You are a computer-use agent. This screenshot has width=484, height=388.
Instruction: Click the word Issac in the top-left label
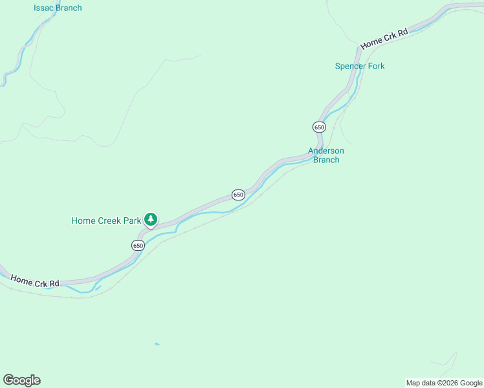[x=44, y=8]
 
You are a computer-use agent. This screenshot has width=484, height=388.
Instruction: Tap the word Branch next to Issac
[x=69, y=8]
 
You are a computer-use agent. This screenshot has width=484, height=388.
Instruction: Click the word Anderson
[x=326, y=151]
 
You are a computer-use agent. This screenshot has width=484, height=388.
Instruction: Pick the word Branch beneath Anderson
[x=326, y=160]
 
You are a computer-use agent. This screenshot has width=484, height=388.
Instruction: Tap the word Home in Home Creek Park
[x=83, y=221]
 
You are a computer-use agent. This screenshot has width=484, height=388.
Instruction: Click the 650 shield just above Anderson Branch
[x=319, y=127]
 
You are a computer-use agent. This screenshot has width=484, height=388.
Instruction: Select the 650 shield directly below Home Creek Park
[x=138, y=245]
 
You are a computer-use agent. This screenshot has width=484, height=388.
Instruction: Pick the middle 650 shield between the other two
[x=238, y=195]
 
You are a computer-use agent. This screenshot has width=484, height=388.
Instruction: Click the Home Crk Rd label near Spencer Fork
[x=385, y=39]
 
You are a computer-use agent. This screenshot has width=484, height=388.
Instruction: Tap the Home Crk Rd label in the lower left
[x=35, y=280]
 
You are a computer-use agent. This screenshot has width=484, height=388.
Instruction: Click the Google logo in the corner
[x=21, y=380]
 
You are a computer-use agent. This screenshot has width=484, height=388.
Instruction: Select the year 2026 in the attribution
[x=450, y=383]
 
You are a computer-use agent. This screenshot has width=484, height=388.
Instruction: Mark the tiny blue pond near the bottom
[x=157, y=344]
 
